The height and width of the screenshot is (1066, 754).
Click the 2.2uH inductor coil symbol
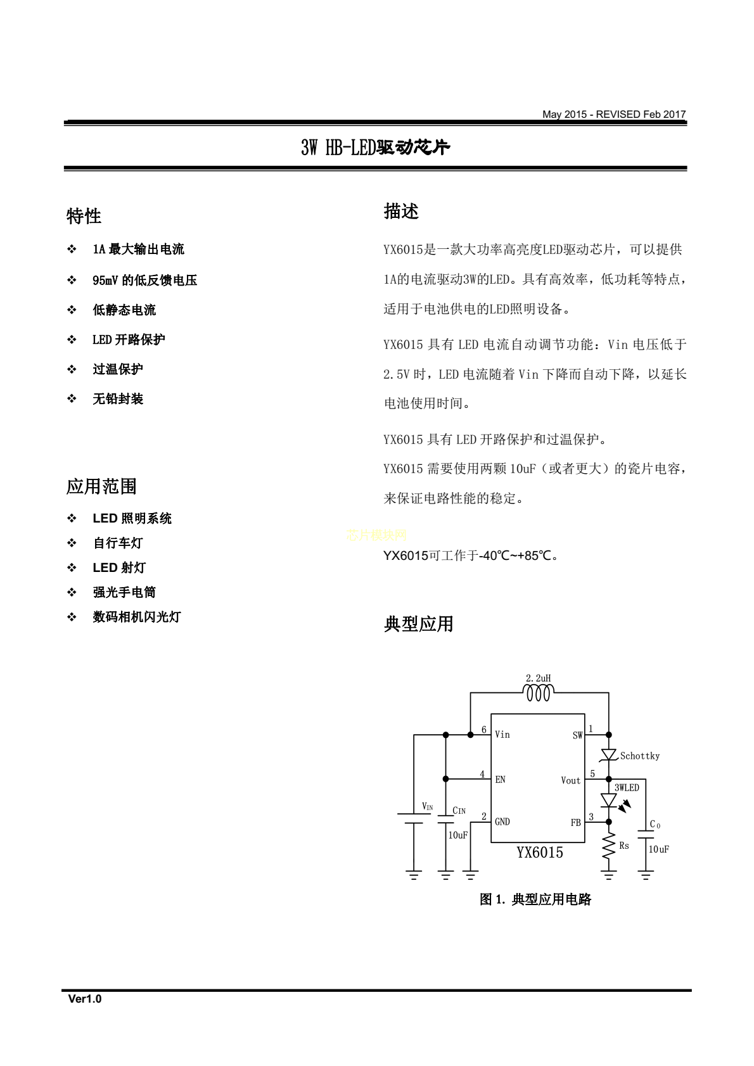click(x=539, y=694)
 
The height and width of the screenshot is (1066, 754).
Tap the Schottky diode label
click(x=639, y=756)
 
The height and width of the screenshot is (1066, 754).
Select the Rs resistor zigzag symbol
click(x=609, y=846)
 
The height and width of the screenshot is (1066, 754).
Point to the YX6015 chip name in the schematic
click(x=539, y=853)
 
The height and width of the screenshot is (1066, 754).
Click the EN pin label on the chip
click(x=501, y=780)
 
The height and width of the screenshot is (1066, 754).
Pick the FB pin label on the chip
click(x=575, y=822)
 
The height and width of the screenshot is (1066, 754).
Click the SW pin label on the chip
click(x=577, y=735)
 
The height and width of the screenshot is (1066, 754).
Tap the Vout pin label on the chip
click(x=570, y=780)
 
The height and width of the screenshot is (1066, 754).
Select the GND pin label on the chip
click(x=502, y=822)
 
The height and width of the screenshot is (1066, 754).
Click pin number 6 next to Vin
click(x=484, y=730)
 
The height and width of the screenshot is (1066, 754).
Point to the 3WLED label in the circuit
click(x=627, y=787)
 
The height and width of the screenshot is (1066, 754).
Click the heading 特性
click(x=84, y=216)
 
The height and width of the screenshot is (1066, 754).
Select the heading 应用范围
click(x=101, y=486)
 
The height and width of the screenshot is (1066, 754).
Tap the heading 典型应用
click(x=418, y=624)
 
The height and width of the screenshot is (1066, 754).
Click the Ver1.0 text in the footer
click(x=85, y=999)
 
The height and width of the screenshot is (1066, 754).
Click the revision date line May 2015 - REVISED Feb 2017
click(x=613, y=115)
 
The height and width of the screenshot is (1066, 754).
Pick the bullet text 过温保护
click(x=118, y=369)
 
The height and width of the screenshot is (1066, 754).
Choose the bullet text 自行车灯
click(x=118, y=543)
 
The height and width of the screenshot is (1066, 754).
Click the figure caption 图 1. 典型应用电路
click(x=535, y=899)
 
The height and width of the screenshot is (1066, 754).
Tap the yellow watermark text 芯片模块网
click(x=376, y=535)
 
